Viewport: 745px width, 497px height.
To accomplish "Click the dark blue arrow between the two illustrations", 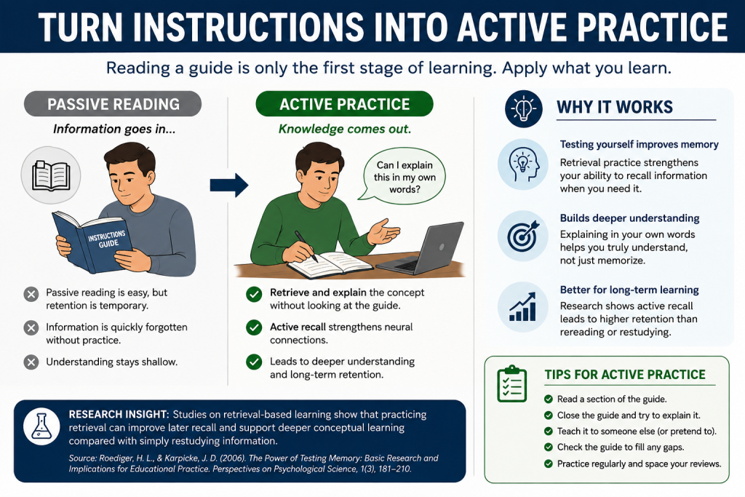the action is click(x=229, y=185).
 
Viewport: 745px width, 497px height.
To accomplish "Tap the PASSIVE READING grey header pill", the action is click(x=113, y=104).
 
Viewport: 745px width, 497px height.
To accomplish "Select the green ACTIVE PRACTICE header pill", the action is click(x=344, y=104).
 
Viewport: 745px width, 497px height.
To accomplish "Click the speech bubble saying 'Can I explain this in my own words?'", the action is click(x=403, y=175).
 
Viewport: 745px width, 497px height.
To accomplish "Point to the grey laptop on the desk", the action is click(x=421, y=249).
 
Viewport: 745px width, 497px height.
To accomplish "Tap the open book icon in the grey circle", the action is click(x=51, y=175).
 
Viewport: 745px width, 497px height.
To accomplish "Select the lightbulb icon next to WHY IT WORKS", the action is click(x=524, y=109).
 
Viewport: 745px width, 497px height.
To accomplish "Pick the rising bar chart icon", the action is click(x=522, y=307).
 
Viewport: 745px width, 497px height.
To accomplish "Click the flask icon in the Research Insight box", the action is click(x=41, y=426).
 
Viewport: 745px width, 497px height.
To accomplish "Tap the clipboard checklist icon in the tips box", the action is click(x=511, y=383).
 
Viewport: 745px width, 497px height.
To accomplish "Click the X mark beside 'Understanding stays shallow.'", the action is click(x=31, y=362).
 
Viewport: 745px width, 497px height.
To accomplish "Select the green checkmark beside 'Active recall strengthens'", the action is click(x=254, y=327).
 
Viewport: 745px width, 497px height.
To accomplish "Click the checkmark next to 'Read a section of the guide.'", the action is click(x=549, y=399).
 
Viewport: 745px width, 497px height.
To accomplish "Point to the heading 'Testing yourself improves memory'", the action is click(x=639, y=145).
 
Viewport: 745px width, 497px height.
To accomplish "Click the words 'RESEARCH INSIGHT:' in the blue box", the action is click(x=119, y=414).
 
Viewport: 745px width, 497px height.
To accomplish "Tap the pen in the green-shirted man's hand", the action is click(x=306, y=247).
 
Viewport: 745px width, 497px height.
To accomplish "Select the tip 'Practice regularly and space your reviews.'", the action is click(x=639, y=464).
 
